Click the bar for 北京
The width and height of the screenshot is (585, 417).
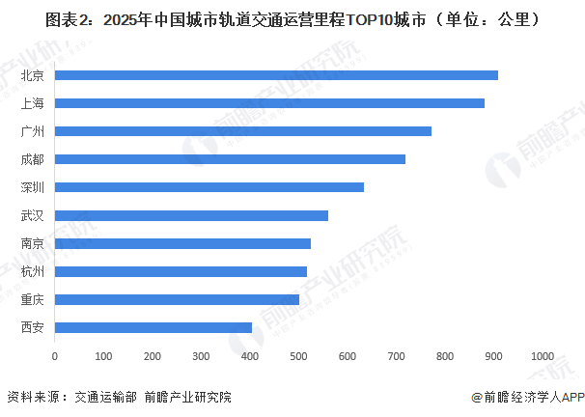click(276, 74)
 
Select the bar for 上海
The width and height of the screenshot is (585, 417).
click(269, 102)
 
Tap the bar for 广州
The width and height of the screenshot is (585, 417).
click(243, 130)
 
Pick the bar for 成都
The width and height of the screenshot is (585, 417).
click(230, 158)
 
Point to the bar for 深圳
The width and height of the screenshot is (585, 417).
click(209, 186)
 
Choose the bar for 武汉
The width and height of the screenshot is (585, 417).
click(191, 215)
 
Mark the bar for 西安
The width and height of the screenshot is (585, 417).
click(153, 327)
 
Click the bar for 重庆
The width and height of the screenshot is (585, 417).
click(177, 299)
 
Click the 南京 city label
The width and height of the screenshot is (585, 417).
click(32, 243)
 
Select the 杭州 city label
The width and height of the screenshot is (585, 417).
click(32, 271)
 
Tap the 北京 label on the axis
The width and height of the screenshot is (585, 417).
click(32, 74)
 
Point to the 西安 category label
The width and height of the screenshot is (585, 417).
click(32, 327)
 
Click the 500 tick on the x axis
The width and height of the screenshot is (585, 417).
click(298, 357)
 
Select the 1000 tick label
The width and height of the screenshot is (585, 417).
click(541, 357)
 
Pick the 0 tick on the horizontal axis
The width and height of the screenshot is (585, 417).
click(55, 357)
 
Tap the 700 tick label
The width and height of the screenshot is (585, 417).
click(396, 357)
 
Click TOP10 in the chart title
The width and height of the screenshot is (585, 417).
click(364, 18)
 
